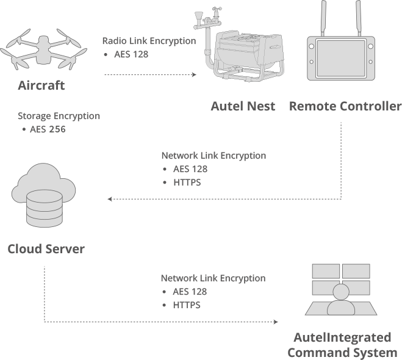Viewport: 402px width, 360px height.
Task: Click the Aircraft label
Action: [x=41, y=85]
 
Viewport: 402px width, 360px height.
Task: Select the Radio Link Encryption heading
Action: [x=149, y=41]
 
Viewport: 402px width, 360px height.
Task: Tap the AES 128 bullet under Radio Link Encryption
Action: [x=131, y=54]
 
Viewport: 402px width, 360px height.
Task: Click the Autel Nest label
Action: [x=243, y=106]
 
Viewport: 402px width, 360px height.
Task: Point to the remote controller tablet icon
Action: [x=345, y=56]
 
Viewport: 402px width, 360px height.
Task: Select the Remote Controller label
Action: [x=345, y=106]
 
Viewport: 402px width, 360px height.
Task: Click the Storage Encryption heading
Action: [x=59, y=116]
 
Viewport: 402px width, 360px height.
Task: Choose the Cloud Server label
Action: [x=46, y=249]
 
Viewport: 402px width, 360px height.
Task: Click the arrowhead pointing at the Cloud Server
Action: [x=110, y=199]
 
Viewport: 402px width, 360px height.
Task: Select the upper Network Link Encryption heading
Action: [x=214, y=156]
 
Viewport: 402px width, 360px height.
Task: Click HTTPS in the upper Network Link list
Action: [x=187, y=182]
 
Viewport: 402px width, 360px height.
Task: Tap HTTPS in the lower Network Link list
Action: [x=187, y=305]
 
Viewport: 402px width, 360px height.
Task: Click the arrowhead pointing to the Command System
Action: [x=275, y=322]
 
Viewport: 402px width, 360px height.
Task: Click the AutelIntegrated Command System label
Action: [x=342, y=345]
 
